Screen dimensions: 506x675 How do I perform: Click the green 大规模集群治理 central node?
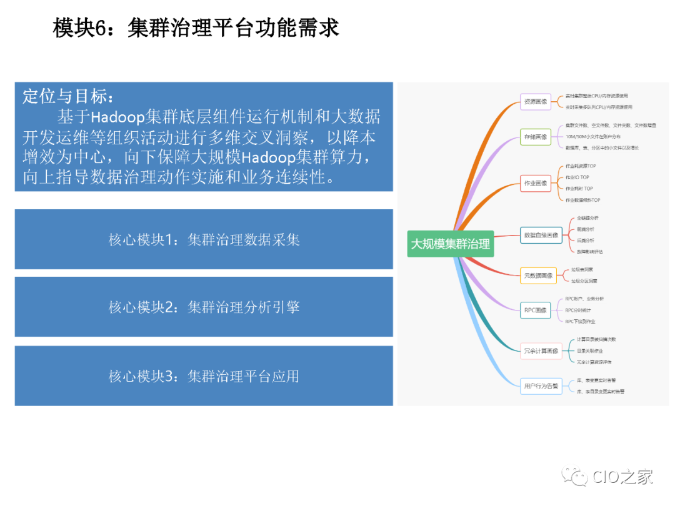click(x=450, y=244)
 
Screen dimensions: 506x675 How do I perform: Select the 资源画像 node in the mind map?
click(x=536, y=101)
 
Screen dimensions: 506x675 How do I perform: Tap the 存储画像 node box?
click(x=536, y=136)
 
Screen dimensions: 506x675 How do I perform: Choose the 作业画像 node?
click(x=536, y=183)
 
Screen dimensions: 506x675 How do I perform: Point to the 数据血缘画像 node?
click(x=541, y=235)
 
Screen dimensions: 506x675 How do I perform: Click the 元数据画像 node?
click(x=538, y=275)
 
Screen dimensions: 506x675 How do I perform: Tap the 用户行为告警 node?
click(x=541, y=385)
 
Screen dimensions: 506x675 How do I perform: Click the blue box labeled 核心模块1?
click(x=204, y=239)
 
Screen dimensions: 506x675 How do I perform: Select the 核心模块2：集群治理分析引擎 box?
click(x=204, y=307)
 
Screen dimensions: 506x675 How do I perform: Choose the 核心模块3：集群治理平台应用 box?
click(x=204, y=375)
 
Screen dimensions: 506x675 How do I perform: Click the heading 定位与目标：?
click(x=69, y=97)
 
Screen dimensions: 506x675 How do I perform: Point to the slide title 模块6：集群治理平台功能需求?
click(x=196, y=28)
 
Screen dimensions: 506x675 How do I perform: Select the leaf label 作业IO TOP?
click(x=577, y=177)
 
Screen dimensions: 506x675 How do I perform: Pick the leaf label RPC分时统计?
click(x=578, y=310)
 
